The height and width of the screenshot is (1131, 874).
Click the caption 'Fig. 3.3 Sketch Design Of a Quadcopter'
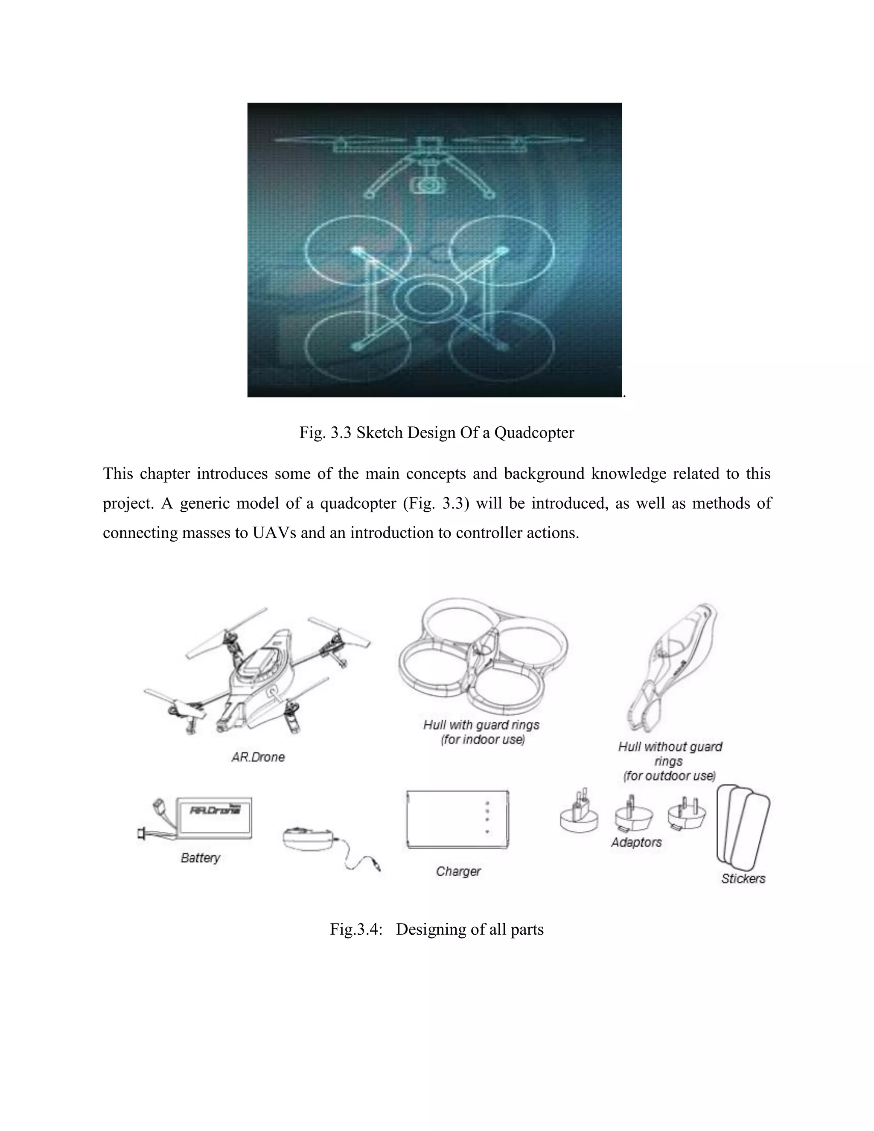(x=437, y=432)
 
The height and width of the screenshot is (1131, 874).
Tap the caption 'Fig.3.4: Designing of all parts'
(x=437, y=929)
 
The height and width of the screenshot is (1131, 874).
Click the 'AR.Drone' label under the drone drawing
(x=258, y=757)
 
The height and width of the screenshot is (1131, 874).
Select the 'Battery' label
(x=201, y=858)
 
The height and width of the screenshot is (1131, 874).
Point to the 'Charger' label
(x=458, y=872)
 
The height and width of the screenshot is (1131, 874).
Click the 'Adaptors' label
(x=636, y=842)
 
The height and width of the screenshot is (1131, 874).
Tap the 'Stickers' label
(x=743, y=879)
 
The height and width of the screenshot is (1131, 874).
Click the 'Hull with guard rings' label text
(x=481, y=725)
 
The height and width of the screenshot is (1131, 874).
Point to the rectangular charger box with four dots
(x=457, y=820)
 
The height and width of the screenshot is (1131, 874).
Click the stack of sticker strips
(x=743, y=825)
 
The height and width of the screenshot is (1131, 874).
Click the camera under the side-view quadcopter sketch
(x=428, y=184)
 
